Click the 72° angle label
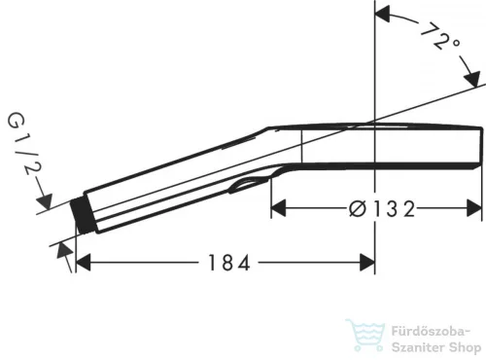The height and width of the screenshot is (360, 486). [441, 37]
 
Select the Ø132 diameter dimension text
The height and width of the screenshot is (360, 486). [382, 208]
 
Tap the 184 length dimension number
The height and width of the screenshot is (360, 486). [228, 263]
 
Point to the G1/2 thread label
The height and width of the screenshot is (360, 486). [24, 144]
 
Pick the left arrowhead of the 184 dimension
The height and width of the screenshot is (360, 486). [83, 262]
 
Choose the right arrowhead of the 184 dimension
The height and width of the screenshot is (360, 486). [367, 262]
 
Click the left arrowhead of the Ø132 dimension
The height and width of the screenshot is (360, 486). [279, 208]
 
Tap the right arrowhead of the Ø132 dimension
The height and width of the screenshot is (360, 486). [474, 208]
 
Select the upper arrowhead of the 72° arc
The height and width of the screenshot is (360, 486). [382, 14]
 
